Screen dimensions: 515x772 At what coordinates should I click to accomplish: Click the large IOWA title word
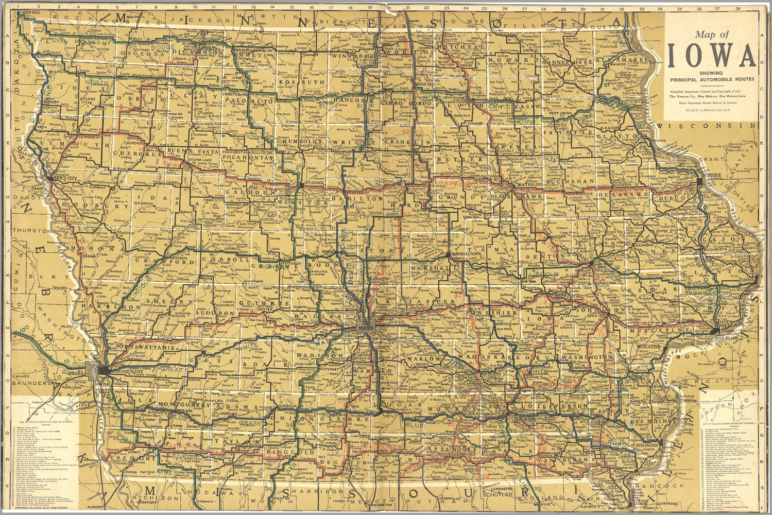pyautogui.click(x=712, y=56)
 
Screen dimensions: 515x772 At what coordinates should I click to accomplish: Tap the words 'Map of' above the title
pyautogui.click(x=711, y=35)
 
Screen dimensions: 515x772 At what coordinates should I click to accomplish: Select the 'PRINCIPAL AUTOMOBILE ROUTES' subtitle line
pyautogui.click(x=711, y=79)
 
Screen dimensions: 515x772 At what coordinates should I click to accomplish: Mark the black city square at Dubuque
pyautogui.click(x=700, y=182)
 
